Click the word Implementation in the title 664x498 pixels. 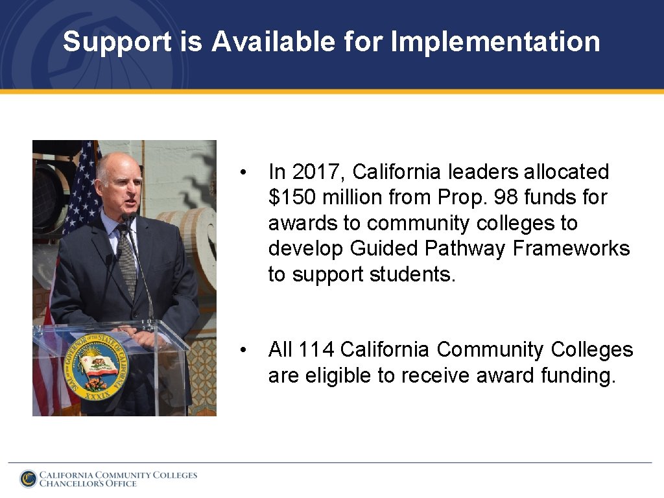pyautogui.click(x=495, y=42)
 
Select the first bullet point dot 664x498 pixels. pyautogui.click(x=242, y=172)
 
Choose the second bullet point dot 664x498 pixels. pyautogui.click(x=242, y=350)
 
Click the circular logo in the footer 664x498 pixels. pyautogui.click(x=28, y=479)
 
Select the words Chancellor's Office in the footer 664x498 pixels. pyautogui.click(x=88, y=484)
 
